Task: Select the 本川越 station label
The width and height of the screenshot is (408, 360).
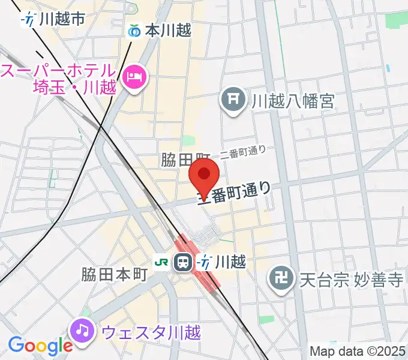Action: (167, 30)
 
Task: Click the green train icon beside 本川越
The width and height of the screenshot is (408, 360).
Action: (135, 30)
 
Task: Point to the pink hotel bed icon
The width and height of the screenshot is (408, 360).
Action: (133, 76)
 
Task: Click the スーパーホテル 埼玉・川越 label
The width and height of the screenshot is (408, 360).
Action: (60, 79)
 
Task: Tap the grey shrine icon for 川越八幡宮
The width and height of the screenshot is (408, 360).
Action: (233, 99)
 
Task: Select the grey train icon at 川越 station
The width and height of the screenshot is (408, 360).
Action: (182, 262)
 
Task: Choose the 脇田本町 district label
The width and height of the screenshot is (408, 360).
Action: (115, 275)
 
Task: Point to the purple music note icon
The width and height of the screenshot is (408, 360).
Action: (82, 330)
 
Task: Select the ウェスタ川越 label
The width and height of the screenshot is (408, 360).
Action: (151, 331)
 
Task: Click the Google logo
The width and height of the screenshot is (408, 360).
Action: (40, 346)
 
